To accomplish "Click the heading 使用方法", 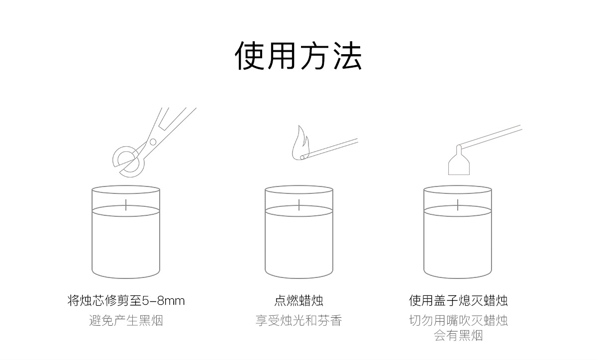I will [x=298, y=55].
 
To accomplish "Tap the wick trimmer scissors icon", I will [x=149, y=144].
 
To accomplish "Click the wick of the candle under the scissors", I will [x=126, y=204].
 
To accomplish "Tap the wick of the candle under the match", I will [x=299, y=204].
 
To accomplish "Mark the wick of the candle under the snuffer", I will [x=458, y=204].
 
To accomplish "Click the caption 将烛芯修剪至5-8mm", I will [x=126, y=301].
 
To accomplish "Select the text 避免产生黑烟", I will [x=126, y=320].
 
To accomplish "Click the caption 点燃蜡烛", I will [x=298, y=301].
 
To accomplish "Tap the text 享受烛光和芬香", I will [x=298, y=320].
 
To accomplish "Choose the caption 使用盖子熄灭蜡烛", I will [x=458, y=301].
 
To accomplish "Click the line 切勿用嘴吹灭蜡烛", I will [x=458, y=320].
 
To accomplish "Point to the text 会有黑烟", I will [x=458, y=336].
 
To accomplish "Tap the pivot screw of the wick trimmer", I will [x=152, y=142].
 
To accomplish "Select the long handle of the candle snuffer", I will [x=490, y=136].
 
